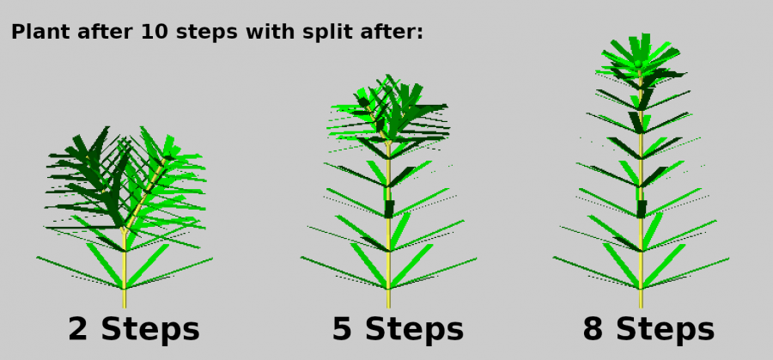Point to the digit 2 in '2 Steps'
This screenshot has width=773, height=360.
point(78,329)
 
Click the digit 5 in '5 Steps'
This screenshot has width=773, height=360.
point(342,329)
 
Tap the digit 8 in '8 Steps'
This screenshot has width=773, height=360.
point(593,329)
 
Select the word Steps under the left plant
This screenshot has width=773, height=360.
point(150,330)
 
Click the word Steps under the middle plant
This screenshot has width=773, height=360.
point(415,330)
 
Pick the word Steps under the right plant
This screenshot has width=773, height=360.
point(665,330)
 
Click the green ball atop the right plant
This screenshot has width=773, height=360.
point(638,64)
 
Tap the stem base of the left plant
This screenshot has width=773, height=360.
point(125,304)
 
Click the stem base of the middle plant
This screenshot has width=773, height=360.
point(388,304)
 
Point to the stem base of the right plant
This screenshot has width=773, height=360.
point(641,304)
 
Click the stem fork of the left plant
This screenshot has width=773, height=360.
point(125,230)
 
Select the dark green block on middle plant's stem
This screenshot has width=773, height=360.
point(389,209)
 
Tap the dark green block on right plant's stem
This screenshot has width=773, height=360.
point(642,209)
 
